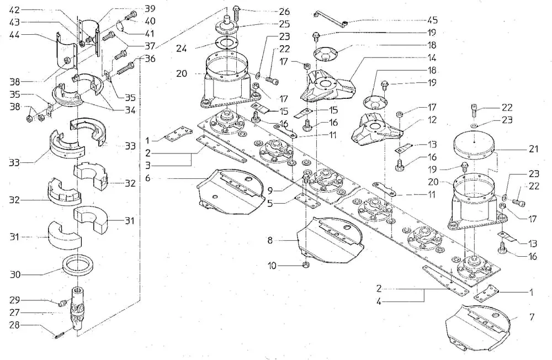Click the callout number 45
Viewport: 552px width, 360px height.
(x=432, y=20)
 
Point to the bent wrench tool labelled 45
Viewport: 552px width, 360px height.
(x=330, y=18)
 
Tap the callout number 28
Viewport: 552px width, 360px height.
(x=14, y=324)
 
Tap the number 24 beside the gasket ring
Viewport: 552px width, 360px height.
(x=182, y=48)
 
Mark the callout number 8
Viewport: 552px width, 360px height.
(x=270, y=241)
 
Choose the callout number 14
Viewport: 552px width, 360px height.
(x=432, y=57)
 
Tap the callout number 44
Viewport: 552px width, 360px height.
(x=15, y=35)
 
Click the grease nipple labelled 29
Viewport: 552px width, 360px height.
(x=63, y=302)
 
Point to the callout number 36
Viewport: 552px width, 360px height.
(x=150, y=58)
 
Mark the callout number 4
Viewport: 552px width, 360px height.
(x=379, y=301)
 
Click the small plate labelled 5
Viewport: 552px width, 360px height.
(x=307, y=201)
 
